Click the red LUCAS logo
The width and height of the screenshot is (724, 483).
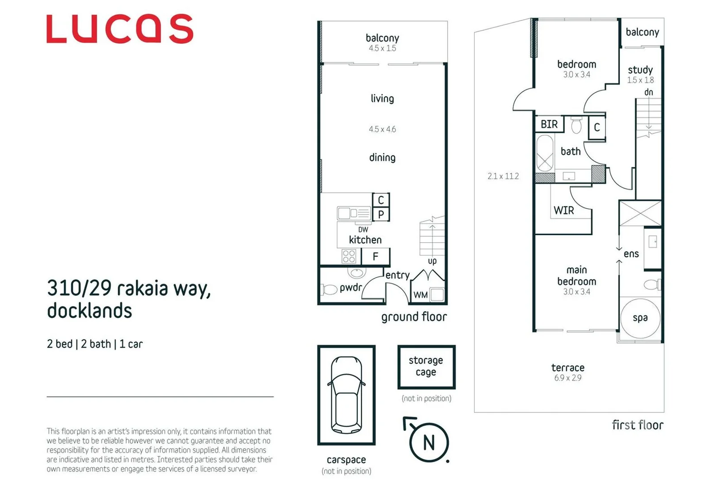[x=120, y=29]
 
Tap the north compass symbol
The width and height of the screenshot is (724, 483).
[x=428, y=442]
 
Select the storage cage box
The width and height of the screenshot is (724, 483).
[x=426, y=366]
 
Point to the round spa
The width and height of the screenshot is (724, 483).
[x=640, y=318]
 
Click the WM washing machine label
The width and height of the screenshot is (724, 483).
[x=420, y=295]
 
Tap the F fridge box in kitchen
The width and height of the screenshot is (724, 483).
[x=375, y=256]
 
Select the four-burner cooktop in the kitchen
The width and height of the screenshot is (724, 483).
[x=349, y=257]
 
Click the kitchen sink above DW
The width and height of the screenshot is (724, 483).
[x=354, y=213]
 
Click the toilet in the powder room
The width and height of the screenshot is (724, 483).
[x=330, y=290]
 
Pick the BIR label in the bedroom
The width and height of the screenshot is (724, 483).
[x=549, y=124]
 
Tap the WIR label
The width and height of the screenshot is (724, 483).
[x=563, y=210]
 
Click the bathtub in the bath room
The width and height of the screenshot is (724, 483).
[x=544, y=153]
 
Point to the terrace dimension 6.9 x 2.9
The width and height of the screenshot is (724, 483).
[x=567, y=378]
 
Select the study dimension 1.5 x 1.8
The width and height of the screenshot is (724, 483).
[x=640, y=80]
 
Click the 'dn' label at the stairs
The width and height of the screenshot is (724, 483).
[x=648, y=92]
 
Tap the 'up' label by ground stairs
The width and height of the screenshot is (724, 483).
[x=432, y=261]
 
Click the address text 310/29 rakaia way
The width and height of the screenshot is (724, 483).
[x=129, y=288]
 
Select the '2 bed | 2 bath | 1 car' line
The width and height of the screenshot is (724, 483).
[x=95, y=344]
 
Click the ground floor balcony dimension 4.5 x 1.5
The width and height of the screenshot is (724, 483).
[x=382, y=48]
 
